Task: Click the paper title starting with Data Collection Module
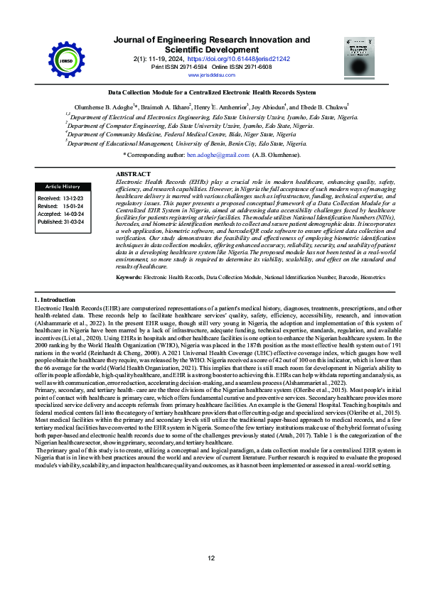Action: coord(211,92)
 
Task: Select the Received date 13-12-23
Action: coord(72,198)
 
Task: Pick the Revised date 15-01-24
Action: coord(72,206)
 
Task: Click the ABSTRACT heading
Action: coord(133,174)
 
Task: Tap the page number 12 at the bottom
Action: coord(211,559)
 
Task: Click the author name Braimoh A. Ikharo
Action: coord(169,107)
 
